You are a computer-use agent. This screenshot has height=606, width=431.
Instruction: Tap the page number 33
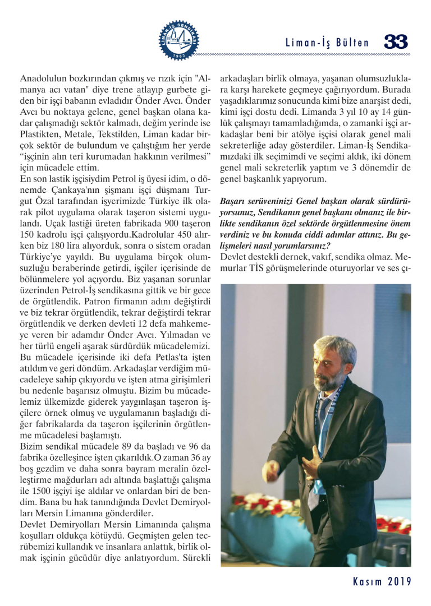click(x=396, y=42)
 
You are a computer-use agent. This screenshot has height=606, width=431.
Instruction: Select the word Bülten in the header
click(x=354, y=43)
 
